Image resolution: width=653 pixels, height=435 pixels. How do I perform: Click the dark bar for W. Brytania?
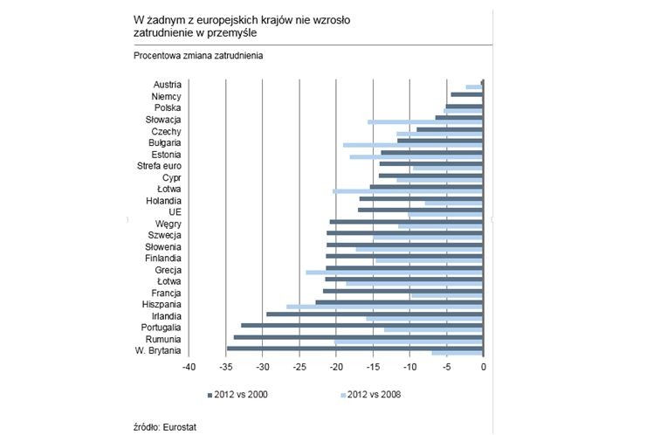[354, 349]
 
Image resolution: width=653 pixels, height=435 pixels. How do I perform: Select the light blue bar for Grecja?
[394, 273]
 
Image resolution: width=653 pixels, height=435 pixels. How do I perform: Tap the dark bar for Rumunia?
[358, 336]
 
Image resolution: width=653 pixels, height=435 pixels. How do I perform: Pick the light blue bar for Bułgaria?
[412, 145]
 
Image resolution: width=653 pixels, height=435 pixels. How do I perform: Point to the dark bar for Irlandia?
[375, 314]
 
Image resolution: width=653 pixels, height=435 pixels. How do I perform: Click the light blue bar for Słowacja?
[425, 122]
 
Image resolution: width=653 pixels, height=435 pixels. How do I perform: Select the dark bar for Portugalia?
[361, 325]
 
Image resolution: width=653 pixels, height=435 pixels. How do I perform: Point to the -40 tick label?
[188, 368]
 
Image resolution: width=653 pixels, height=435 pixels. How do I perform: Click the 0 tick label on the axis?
[483, 368]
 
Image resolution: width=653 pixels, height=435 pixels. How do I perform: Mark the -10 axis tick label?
[409, 368]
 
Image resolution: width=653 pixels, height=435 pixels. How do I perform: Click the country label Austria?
[167, 84]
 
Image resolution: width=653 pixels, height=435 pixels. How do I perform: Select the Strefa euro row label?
[159, 165]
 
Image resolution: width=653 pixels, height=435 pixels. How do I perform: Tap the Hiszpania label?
[161, 304]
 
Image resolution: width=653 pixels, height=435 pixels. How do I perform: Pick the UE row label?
[175, 211]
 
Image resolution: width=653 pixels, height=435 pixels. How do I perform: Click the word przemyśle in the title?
[230, 31]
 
